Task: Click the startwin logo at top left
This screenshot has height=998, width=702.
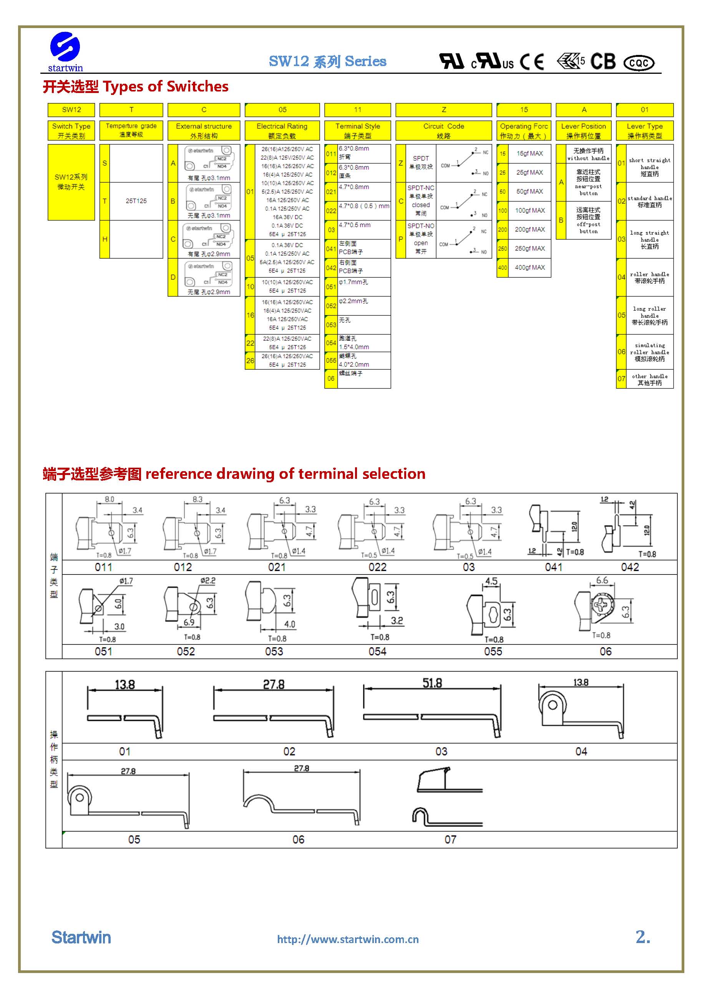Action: point(65,51)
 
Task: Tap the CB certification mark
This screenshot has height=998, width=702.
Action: point(603,62)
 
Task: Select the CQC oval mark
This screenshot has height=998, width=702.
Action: point(639,63)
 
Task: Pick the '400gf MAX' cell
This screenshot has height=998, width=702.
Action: point(529,267)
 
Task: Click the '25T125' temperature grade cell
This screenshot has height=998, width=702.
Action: point(136,201)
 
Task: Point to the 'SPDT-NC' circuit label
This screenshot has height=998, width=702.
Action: point(420,188)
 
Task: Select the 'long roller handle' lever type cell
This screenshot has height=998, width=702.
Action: point(649,315)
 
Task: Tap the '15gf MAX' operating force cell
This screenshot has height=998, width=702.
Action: point(529,153)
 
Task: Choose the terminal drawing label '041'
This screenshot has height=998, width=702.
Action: point(553,567)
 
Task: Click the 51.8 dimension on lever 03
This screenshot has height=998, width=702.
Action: point(432,684)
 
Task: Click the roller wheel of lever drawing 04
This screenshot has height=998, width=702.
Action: point(553,705)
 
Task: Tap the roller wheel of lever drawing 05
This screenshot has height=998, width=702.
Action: point(80,798)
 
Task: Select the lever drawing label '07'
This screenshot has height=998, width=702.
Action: point(450,839)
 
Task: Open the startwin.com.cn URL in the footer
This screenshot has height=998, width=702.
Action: point(348,939)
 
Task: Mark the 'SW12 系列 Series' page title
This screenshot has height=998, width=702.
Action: point(327,61)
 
